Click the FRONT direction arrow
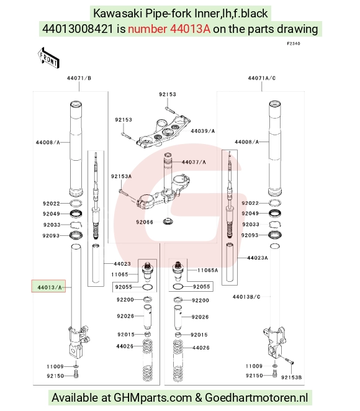point(49,58)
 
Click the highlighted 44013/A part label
point(49,287)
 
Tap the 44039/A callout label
point(202,131)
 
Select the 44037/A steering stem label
point(194,162)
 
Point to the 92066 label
point(145,222)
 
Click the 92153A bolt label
point(121,176)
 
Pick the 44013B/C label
point(246,297)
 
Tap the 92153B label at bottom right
point(291,377)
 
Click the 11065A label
point(207,270)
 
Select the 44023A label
point(258,258)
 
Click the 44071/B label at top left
point(79,78)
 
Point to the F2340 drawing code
point(294,43)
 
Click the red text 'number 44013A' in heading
point(169,29)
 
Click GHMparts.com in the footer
point(153,397)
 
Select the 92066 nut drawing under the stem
point(167,221)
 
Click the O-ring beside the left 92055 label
point(148,287)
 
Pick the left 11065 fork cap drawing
point(147,270)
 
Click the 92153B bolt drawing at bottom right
point(289,361)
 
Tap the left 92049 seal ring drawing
point(76,214)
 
